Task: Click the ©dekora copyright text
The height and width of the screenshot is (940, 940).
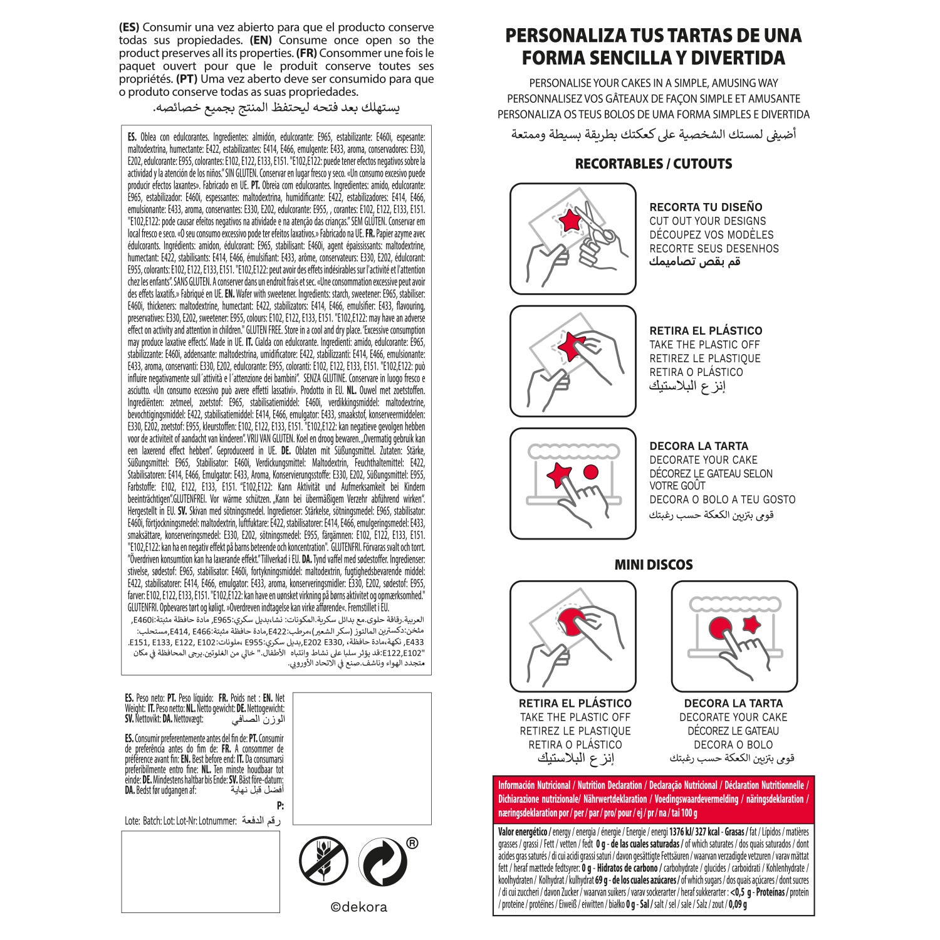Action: coord(359,907)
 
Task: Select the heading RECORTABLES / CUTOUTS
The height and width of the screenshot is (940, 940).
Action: coord(654,164)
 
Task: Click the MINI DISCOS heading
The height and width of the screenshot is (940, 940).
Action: coord(654,565)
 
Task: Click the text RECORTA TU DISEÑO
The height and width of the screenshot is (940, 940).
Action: coord(706,207)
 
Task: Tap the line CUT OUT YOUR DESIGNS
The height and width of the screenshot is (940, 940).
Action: coord(708,221)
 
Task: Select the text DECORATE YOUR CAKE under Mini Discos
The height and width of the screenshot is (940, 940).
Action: coord(733,717)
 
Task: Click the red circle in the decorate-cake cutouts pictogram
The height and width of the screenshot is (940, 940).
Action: coord(590,471)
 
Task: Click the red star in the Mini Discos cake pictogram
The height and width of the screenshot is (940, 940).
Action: coord(751,624)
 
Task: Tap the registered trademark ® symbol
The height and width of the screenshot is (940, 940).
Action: coord(412,843)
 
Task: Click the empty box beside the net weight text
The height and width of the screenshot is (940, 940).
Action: coord(362,758)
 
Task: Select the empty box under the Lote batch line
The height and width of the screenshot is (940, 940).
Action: coord(201,871)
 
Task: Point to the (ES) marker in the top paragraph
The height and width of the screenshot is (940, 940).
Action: coord(129,28)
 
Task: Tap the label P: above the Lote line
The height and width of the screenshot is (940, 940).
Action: coord(280,806)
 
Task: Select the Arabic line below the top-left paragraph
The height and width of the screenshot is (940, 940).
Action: coord(276,107)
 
